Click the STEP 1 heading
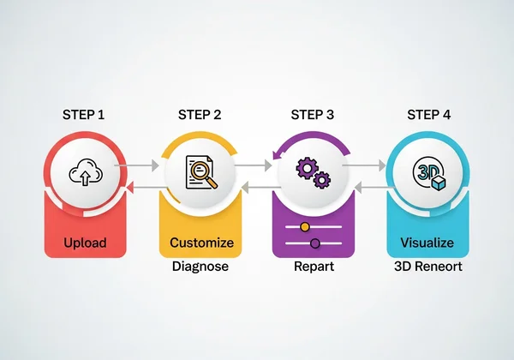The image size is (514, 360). point(85,114)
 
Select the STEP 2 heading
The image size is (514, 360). point(200,114)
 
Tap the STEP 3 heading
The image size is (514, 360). point(313,114)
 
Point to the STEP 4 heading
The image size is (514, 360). point(428,114)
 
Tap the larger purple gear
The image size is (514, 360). point(307,168)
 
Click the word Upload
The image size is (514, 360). point(85,243)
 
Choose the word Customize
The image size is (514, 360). point(201,243)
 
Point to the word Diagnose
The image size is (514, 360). point(201,267)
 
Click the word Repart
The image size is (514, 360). point(314,267)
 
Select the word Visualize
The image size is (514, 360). point(427,243)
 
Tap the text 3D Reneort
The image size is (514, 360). point(427,267)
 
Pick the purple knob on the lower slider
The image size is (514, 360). point(314,243)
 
